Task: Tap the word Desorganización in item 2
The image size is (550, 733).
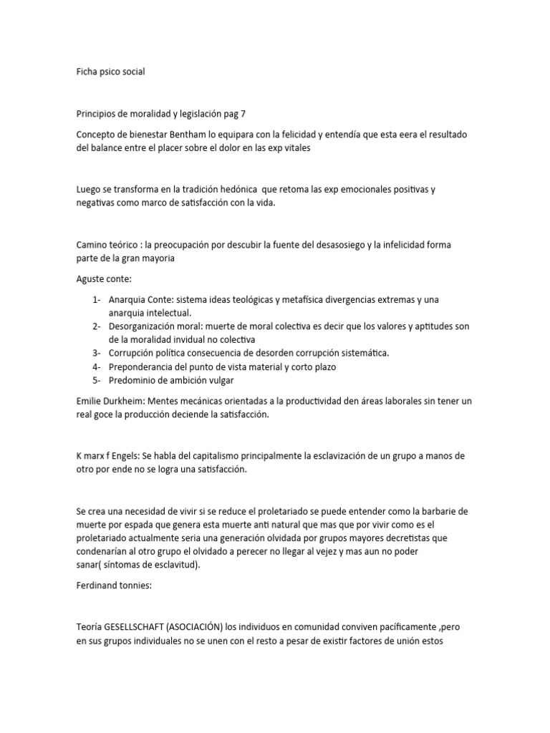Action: click(x=148, y=326)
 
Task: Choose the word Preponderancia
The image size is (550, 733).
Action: click(x=149, y=366)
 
